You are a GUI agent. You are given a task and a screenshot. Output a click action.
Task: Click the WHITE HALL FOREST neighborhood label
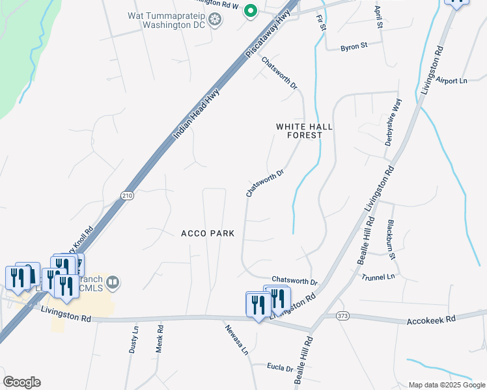[299, 131]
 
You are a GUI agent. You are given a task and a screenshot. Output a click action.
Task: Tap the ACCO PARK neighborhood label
[208, 233]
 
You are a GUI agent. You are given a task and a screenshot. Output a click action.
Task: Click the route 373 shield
[342, 316]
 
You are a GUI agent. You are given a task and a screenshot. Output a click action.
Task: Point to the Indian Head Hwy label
[197, 114]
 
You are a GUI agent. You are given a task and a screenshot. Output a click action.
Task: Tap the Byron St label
[355, 46]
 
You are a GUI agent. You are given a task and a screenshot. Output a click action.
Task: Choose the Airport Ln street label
[452, 81]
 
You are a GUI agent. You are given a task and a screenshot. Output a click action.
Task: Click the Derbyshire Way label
[395, 122]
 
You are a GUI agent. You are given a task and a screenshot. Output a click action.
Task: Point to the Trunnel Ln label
[378, 277]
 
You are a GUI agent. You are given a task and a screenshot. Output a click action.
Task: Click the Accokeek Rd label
[432, 321]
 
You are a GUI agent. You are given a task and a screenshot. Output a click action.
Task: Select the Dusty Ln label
[134, 340]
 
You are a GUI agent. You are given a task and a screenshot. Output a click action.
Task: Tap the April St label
[378, 17]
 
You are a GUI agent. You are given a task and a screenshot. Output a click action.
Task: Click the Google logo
[21, 382]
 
